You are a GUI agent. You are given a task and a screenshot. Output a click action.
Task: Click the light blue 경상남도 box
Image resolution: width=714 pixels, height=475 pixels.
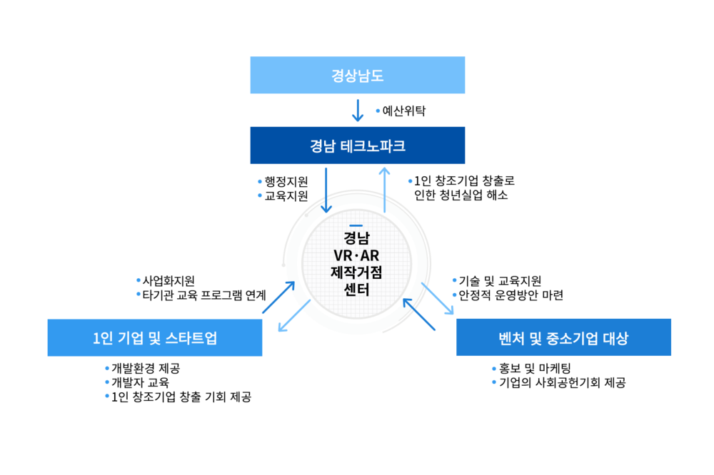tap(357, 75)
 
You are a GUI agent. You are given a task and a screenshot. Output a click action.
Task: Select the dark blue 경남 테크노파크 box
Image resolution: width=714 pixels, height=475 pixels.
tap(357, 145)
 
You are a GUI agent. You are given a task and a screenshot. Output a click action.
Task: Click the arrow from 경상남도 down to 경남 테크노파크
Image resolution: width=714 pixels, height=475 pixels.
tap(358, 111)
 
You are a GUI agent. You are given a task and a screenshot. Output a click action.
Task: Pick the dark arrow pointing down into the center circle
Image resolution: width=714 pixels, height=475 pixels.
tap(326, 190)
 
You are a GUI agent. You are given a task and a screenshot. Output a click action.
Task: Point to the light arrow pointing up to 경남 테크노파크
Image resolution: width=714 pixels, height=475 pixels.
tap(384, 190)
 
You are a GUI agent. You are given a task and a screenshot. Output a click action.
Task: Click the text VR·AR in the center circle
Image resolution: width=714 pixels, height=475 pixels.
tap(356, 255)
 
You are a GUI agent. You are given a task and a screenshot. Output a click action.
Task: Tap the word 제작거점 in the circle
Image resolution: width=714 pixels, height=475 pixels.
tap(356, 272)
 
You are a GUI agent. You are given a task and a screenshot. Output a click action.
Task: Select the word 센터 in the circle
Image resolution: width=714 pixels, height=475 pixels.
tap(356, 289)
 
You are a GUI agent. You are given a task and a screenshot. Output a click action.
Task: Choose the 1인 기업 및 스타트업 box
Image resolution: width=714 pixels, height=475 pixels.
tap(154, 337)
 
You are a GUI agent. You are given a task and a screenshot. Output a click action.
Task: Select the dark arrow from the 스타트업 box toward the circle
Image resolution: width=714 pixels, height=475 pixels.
tap(278, 297)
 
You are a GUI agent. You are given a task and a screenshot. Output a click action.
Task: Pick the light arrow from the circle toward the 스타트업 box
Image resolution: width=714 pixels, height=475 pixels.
tap(293, 317)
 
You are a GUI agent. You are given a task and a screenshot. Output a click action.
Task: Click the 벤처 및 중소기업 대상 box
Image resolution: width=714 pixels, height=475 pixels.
tap(563, 337)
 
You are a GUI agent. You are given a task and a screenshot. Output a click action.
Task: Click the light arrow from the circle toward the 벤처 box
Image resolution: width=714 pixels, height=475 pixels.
tap(438, 299)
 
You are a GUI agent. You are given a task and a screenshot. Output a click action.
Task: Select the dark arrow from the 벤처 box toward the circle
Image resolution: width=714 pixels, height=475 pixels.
tap(419, 315)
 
